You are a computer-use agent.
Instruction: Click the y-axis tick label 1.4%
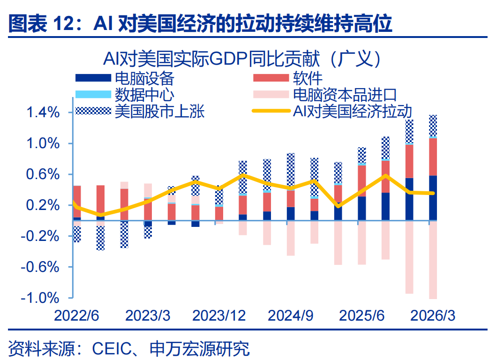point(43,112)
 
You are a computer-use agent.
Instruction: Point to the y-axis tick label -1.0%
point(40,298)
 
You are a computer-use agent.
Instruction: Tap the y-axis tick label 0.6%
point(43,175)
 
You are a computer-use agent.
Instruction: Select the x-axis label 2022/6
point(76,316)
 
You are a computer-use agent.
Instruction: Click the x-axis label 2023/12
point(219,316)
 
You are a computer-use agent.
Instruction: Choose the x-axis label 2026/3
point(433,316)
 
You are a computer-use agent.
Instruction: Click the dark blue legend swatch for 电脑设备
point(93,78)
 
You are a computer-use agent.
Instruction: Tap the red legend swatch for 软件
point(271,78)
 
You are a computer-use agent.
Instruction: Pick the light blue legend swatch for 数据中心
point(93,94)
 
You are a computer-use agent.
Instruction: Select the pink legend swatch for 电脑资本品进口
point(271,94)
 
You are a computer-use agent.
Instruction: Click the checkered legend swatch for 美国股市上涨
point(93,111)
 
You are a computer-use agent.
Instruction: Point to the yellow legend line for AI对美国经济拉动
point(271,111)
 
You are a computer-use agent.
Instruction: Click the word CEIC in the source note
point(112,349)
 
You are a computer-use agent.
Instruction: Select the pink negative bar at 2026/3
point(433,260)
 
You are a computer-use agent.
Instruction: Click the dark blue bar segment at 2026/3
point(433,198)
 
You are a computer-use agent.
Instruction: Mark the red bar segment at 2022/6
point(77,202)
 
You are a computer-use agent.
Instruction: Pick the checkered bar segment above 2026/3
point(433,126)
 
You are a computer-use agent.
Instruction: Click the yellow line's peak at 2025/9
point(386,175)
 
